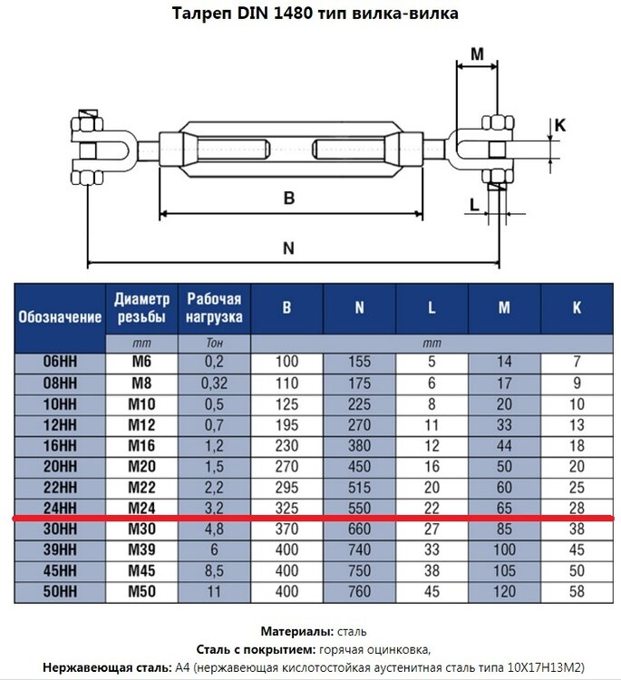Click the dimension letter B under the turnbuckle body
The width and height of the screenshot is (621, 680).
[x=289, y=198]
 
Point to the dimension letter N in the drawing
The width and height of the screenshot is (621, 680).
[x=289, y=248]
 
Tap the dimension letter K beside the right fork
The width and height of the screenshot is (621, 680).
[x=560, y=125]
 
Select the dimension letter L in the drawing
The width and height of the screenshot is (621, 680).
[x=475, y=204]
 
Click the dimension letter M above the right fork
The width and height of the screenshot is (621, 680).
[x=477, y=53]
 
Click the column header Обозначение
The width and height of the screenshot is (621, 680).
[x=60, y=317]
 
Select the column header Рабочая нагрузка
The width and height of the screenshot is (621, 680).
[x=214, y=308]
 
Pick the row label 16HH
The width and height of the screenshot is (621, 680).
[x=60, y=446]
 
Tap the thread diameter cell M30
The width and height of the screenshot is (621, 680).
[x=141, y=529]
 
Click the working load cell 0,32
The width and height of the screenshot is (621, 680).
[x=214, y=384]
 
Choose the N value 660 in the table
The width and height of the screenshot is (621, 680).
[x=359, y=529]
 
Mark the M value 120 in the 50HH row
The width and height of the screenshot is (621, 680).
[x=504, y=591]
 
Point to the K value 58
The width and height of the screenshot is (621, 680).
[x=577, y=591]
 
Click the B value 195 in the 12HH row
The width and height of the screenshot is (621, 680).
[x=286, y=425]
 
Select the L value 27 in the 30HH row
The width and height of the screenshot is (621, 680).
[x=432, y=529]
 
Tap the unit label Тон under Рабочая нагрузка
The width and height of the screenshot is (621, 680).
[x=214, y=343]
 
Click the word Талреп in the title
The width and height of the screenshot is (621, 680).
[x=201, y=14]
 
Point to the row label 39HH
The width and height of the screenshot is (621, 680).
[x=60, y=550]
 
